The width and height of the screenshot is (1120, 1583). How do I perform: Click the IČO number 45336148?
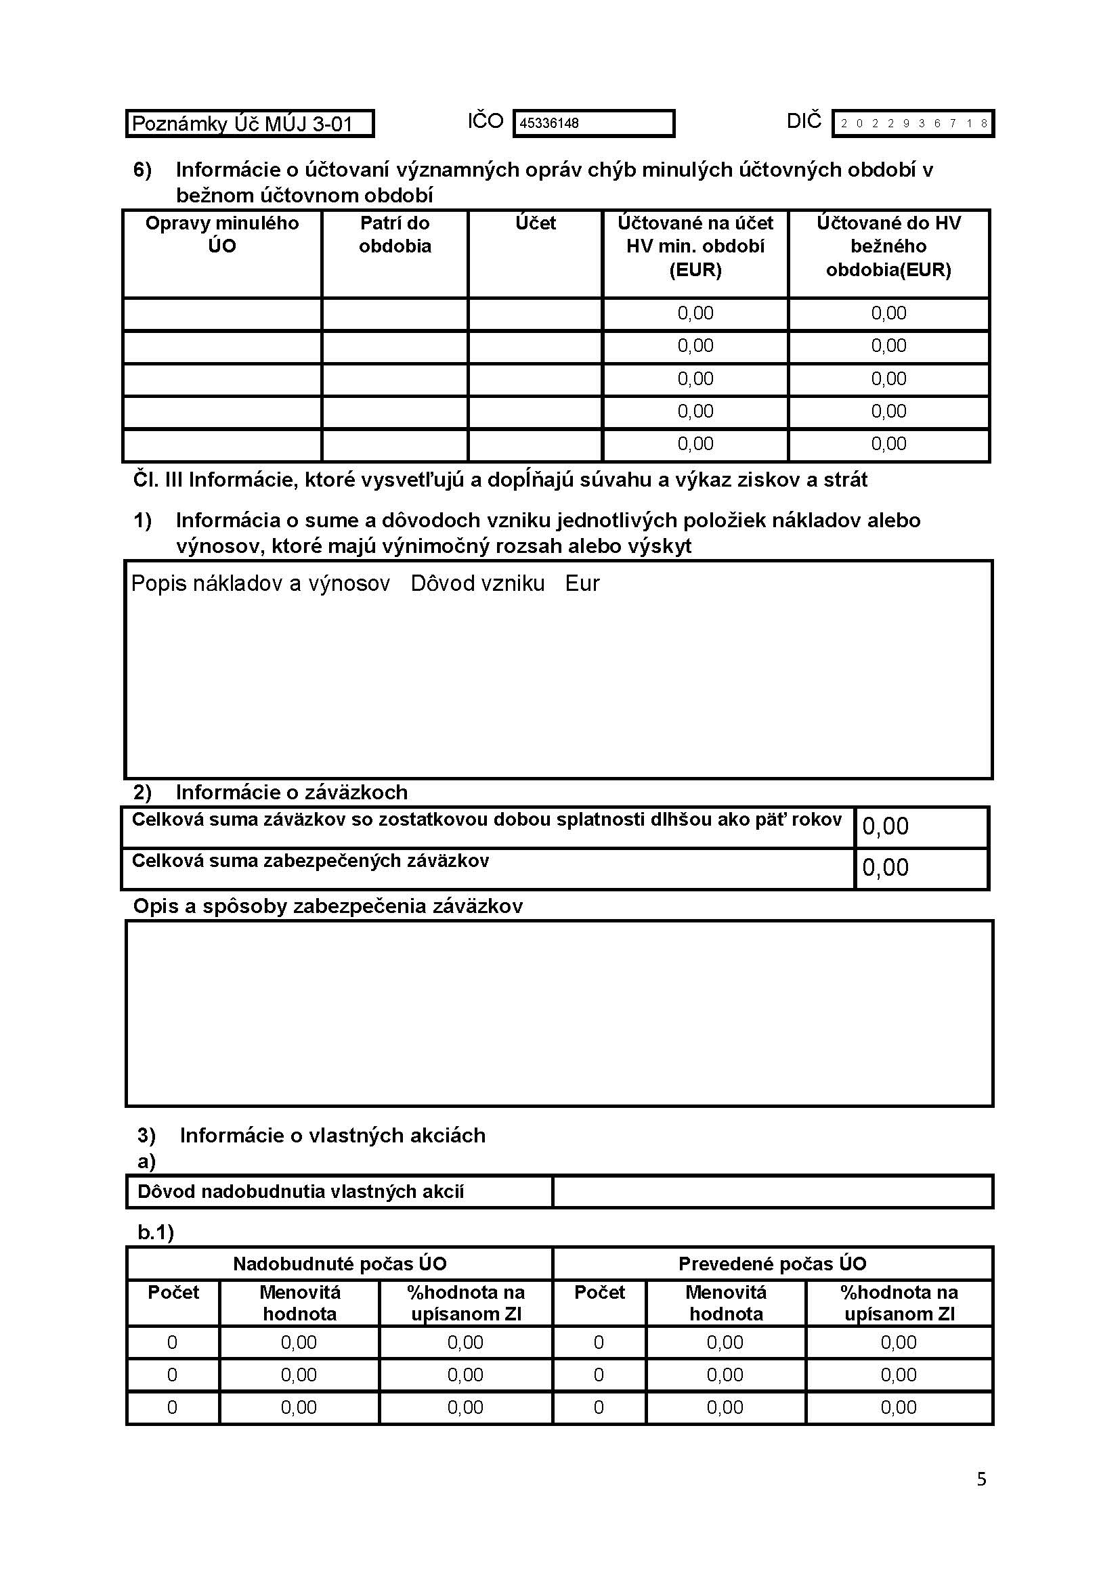tap(549, 124)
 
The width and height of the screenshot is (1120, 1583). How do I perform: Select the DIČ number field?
tap(913, 124)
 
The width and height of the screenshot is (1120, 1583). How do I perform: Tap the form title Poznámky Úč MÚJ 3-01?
tap(243, 124)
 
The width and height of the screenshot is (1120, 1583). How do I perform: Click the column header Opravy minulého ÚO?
tap(222, 234)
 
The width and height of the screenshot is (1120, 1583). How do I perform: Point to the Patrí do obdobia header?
tap(395, 234)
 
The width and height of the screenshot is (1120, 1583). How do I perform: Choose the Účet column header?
tap(535, 223)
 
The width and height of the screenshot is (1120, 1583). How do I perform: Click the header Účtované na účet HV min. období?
tap(695, 246)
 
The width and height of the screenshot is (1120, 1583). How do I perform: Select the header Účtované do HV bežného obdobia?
tap(888, 246)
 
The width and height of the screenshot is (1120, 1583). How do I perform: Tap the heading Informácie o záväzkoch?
tap(291, 793)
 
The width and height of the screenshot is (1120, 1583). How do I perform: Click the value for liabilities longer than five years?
tap(886, 826)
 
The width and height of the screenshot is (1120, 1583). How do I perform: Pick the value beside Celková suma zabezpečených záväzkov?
tap(886, 868)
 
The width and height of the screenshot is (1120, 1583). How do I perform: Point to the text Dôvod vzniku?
tap(477, 584)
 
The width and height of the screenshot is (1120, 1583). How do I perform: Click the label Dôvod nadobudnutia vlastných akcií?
tap(301, 1191)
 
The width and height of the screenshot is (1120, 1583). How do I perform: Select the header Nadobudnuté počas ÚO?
tap(339, 1264)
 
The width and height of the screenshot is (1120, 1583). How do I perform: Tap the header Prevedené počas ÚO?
tap(773, 1264)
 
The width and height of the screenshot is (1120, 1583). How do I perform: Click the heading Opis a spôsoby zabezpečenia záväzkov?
tap(328, 906)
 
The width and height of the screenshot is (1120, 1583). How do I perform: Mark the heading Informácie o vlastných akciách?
tap(332, 1136)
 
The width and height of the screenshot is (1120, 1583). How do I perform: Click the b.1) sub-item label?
tap(156, 1232)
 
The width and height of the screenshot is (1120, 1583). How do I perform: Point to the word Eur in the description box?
tap(582, 584)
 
